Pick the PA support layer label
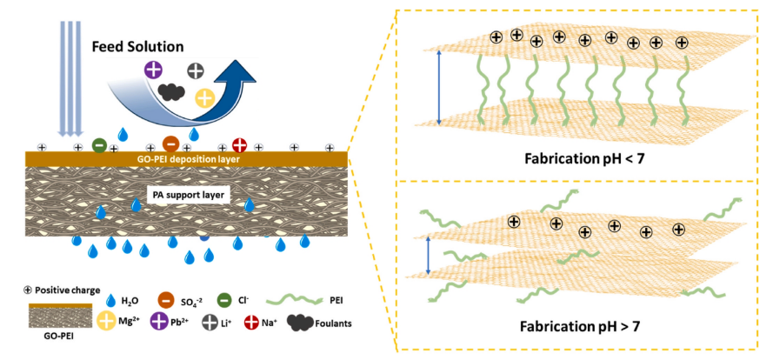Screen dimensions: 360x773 tap(185, 195)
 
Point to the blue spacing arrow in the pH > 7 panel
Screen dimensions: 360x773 tap(429, 257)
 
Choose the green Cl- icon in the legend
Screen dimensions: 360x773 tap(225, 300)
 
